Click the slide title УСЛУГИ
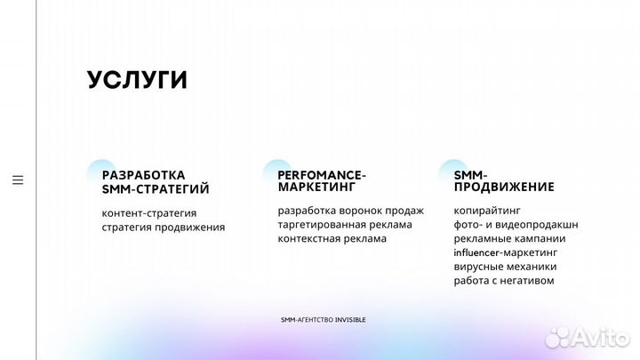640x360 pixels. [137, 80]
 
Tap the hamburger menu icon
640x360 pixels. [18, 180]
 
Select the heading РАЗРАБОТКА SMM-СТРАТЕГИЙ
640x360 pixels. [156, 181]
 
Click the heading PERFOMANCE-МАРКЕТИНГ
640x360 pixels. [321, 181]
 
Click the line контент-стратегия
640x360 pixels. [149, 213]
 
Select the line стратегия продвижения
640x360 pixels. [164, 227]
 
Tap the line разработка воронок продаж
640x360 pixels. [350, 211]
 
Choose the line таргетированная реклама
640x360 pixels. [344, 224]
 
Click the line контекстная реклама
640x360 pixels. [332, 238]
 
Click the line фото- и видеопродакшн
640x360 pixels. [516, 224]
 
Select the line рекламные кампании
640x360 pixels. [509, 238]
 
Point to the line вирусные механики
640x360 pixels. [505, 267]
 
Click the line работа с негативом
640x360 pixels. [503, 281]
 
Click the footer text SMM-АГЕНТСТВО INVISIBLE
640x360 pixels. [323, 319]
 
